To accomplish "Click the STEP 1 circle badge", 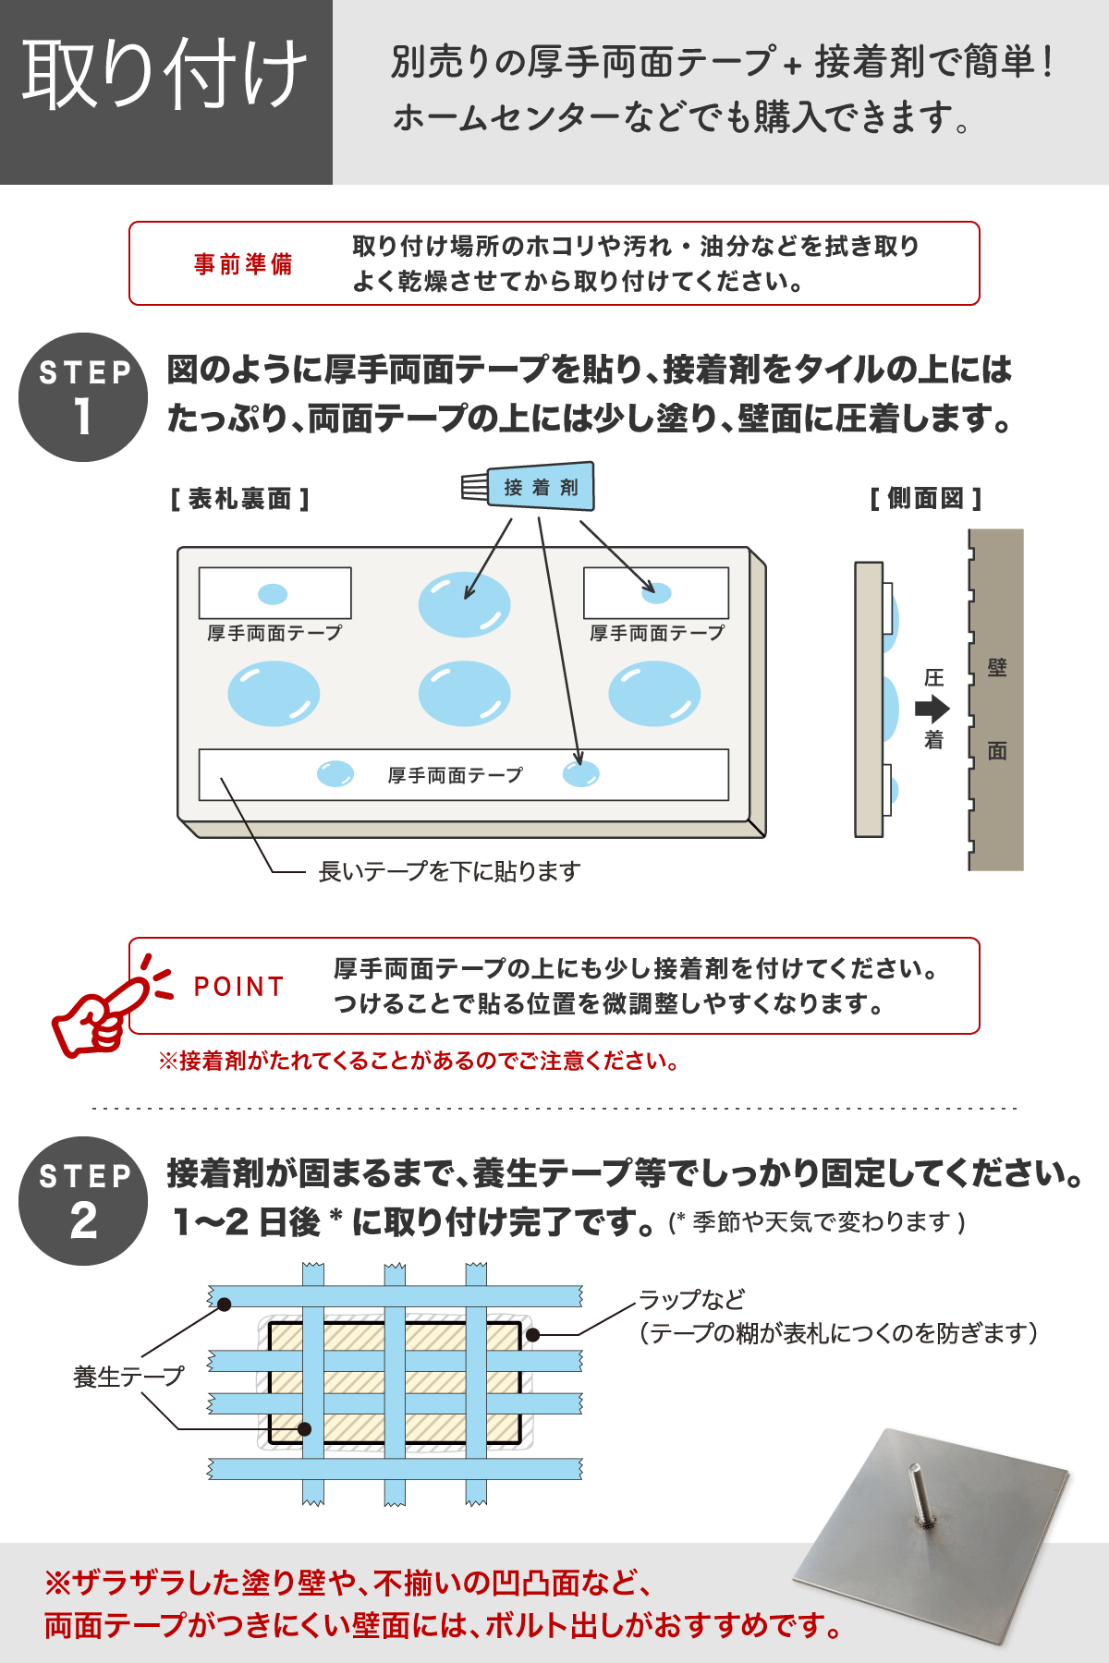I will pos(83,397).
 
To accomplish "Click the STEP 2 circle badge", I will pos(83,1201).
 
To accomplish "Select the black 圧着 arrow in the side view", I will pos(932,709).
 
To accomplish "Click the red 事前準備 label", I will pos(243,264).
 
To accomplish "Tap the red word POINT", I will pos(238,987).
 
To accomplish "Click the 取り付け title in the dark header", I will pos(165,74).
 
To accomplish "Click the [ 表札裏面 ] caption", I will pos(239,499).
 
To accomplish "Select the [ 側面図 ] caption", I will pos(925,499).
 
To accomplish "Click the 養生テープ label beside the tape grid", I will pos(128,1377).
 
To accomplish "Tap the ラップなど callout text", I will pos(691,1300).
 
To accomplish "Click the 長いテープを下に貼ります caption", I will pos(449,871).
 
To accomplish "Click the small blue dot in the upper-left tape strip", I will pos(273,594).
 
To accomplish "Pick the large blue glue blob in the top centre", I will pos(464,605).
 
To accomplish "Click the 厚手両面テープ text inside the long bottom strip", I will pos(455,775).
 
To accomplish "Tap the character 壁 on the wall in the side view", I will pos(996,667).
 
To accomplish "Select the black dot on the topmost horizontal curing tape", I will pos(225,1304).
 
